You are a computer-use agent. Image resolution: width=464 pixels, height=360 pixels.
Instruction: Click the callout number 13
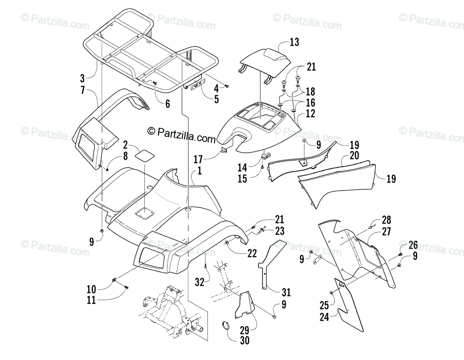point(295,42)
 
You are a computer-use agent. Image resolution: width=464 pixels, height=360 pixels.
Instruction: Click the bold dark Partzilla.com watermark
point(182,133)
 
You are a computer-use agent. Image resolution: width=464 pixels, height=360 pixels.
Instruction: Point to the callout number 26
point(413,244)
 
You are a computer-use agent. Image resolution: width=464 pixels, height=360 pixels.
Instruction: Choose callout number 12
point(310,114)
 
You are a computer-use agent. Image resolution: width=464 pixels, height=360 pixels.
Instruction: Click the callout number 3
point(82,78)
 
